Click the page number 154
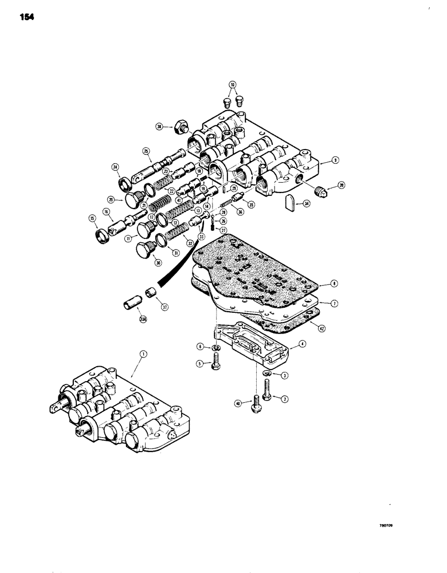tap(26, 17)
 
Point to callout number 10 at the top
tap(232, 85)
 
